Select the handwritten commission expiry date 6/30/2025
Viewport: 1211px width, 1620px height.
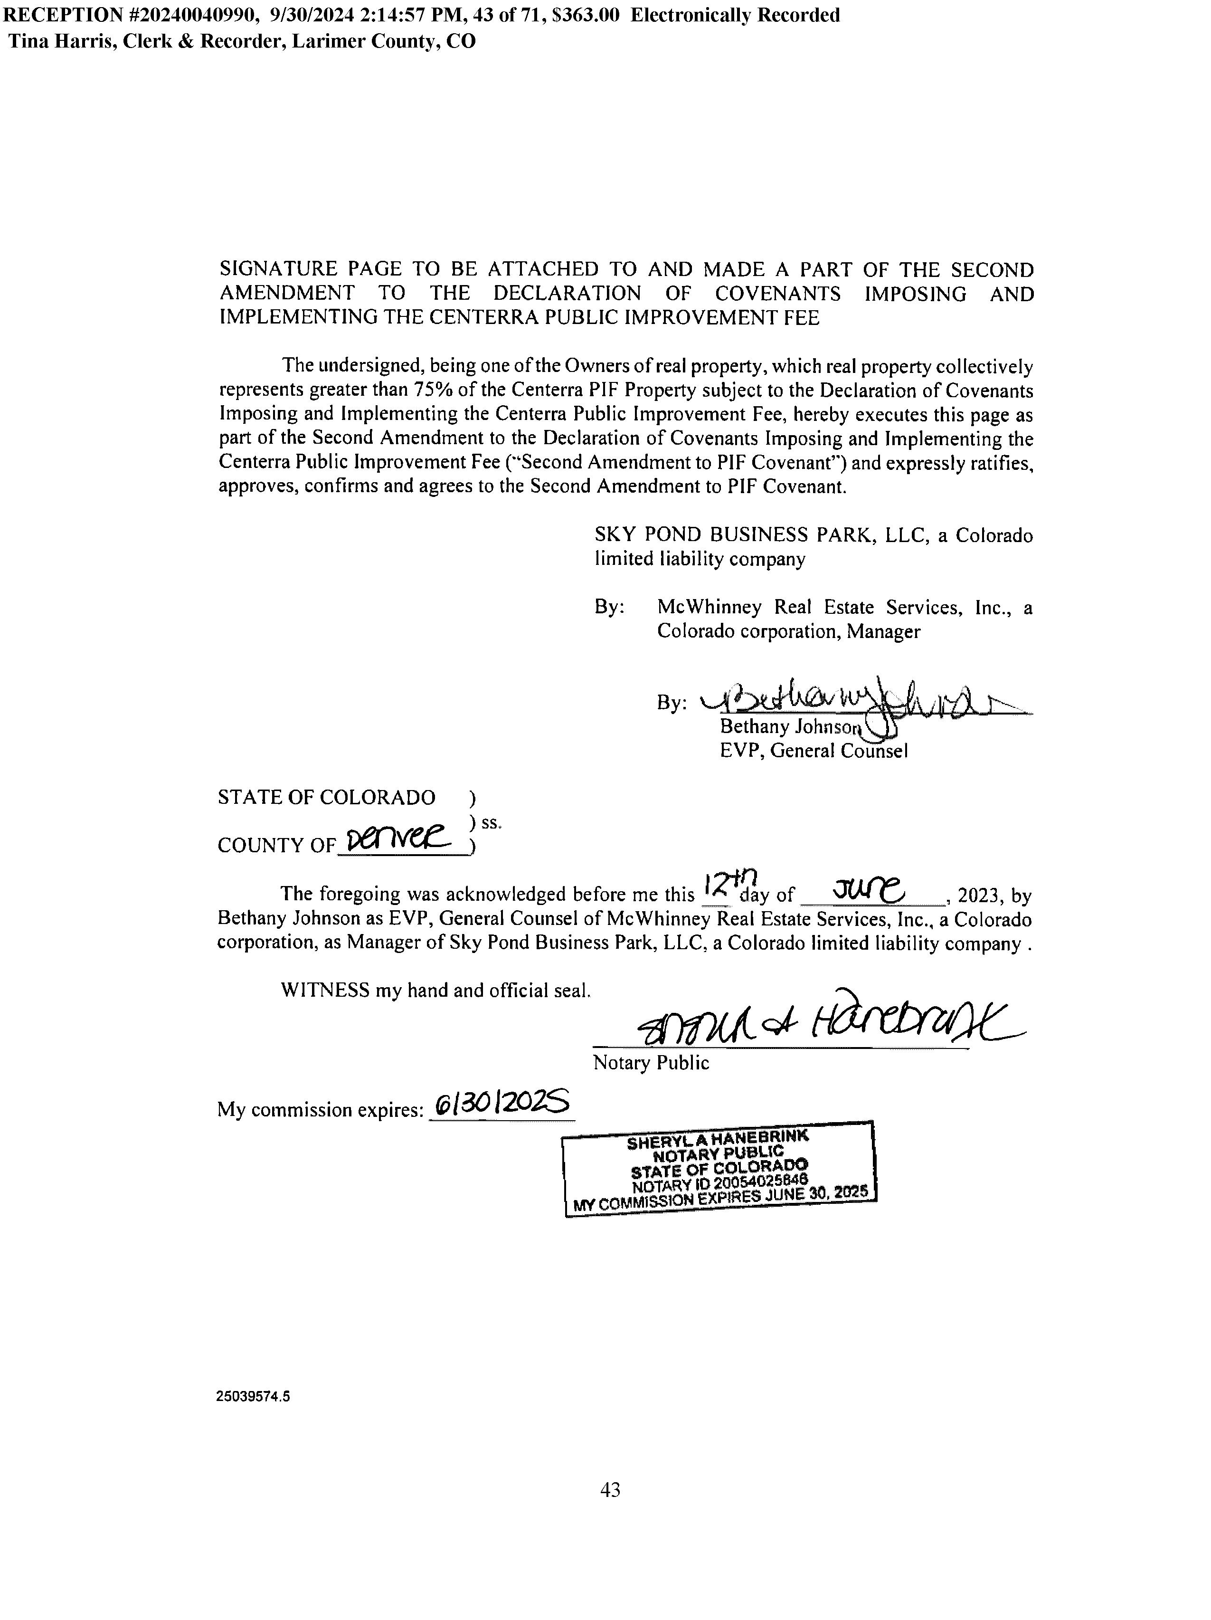pyautogui.click(x=501, y=1103)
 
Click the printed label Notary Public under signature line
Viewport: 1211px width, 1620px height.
pyautogui.click(x=650, y=1063)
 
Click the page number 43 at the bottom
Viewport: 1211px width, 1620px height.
pyautogui.click(x=610, y=1489)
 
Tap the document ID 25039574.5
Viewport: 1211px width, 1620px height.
pyautogui.click(x=253, y=1397)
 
